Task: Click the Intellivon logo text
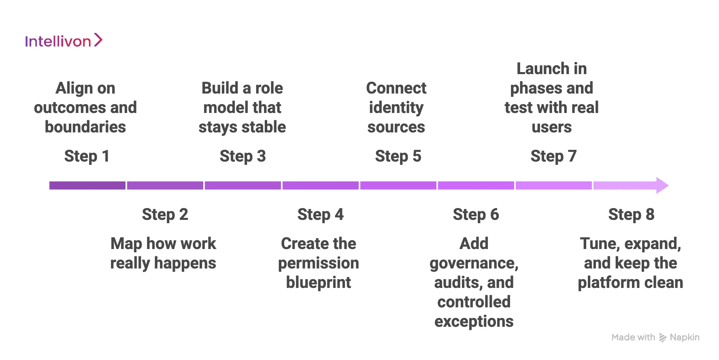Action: pyautogui.click(x=58, y=41)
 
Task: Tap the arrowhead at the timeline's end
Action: pyautogui.click(x=662, y=185)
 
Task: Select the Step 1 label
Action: pyautogui.click(x=87, y=156)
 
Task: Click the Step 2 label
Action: pyautogui.click(x=165, y=215)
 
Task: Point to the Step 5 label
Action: pyautogui.click(x=398, y=156)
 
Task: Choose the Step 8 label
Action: pyautogui.click(x=631, y=215)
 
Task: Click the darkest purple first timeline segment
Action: pyautogui.click(x=87, y=185)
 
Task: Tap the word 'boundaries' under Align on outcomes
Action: pyautogui.click(x=85, y=127)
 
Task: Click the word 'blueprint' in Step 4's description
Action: pyautogui.click(x=319, y=283)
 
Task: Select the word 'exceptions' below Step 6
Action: pyautogui.click(x=474, y=322)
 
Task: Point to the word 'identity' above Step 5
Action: pyautogui.click(x=396, y=108)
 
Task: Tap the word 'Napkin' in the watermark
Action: pyautogui.click(x=684, y=337)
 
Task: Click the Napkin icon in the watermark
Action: pyautogui.click(x=662, y=338)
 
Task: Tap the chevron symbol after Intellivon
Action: pyautogui.click(x=98, y=40)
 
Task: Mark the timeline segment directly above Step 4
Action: pyautogui.click(x=320, y=185)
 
